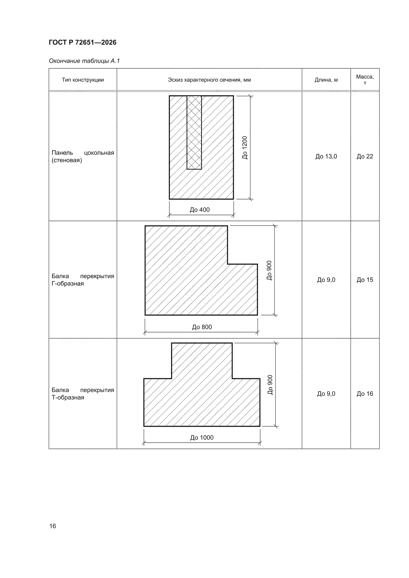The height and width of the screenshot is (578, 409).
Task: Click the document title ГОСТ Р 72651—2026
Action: point(83,42)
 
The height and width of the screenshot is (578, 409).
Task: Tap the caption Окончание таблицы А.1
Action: point(84,61)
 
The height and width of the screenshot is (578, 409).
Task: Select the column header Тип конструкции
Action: point(83,80)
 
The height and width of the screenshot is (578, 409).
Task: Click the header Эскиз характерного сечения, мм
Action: point(209,80)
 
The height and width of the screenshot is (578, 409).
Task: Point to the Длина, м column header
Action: point(326,80)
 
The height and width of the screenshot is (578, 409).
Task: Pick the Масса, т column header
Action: point(365,80)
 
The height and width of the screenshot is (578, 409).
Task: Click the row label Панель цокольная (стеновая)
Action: point(83,156)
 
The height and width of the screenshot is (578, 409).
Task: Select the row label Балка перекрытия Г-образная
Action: point(83,280)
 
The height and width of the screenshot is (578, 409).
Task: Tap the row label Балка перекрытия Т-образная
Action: point(83,394)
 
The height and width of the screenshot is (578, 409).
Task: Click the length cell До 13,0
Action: point(326,156)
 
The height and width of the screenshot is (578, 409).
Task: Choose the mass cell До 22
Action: point(365,156)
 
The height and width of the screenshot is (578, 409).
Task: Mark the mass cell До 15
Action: point(365,280)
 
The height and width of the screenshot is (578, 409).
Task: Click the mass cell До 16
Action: point(365,394)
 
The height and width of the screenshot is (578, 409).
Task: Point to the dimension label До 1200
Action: point(245,148)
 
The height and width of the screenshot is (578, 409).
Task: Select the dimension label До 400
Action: point(200,210)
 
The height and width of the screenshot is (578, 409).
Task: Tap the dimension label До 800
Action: point(202,327)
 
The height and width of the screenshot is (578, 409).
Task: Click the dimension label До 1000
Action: point(202,438)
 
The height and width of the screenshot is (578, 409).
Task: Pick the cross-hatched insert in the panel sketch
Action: point(194,133)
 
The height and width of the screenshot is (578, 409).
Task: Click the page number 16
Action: point(53,526)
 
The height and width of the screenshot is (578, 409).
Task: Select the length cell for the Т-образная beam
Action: point(326,394)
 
